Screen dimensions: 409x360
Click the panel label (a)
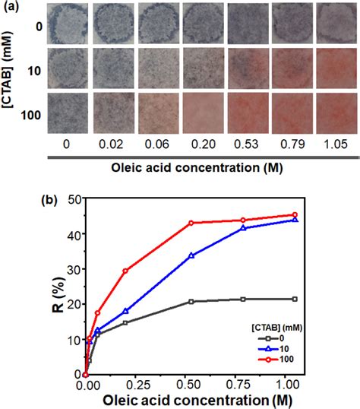click(11, 8)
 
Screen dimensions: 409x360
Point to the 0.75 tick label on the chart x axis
click(243, 385)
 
